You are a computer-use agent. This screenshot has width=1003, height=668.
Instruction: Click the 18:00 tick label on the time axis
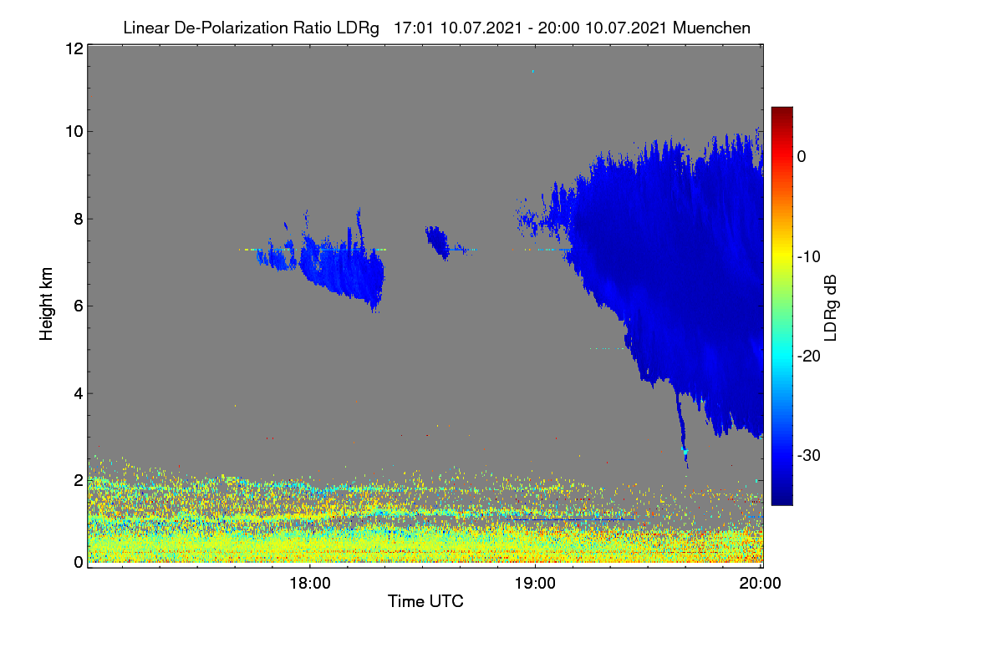(x=310, y=584)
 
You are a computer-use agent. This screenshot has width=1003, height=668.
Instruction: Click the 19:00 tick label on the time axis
(x=535, y=584)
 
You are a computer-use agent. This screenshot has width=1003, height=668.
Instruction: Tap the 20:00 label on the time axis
(x=760, y=584)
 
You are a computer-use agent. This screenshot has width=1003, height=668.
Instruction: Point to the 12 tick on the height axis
(x=74, y=48)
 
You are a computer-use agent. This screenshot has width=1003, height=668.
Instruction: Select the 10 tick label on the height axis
(x=74, y=132)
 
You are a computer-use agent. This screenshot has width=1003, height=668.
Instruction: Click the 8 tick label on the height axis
(x=79, y=220)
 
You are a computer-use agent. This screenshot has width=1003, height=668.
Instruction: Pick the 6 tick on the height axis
(x=79, y=306)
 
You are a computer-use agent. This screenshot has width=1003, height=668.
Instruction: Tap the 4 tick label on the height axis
(x=79, y=394)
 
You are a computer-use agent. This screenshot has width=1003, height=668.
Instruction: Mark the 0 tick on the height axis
(x=79, y=563)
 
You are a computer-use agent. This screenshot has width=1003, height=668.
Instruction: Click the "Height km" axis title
(x=46, y=304)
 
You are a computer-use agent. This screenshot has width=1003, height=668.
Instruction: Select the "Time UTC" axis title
(x=425, y=601)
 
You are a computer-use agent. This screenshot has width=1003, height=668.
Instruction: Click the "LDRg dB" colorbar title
(x=831, y=308)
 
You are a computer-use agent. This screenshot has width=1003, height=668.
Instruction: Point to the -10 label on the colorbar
(x=809, y=257)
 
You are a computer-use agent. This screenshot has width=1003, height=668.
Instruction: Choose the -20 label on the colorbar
(x=809, y=357)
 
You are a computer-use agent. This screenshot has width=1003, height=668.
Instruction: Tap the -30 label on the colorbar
(x=809, y=455)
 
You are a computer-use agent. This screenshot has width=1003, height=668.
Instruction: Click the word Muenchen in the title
(x=711, y=28)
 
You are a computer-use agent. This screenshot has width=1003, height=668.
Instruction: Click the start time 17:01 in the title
(x=414, y=28)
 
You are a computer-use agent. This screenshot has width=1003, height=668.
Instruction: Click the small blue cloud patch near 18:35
(x=438, y=241)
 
